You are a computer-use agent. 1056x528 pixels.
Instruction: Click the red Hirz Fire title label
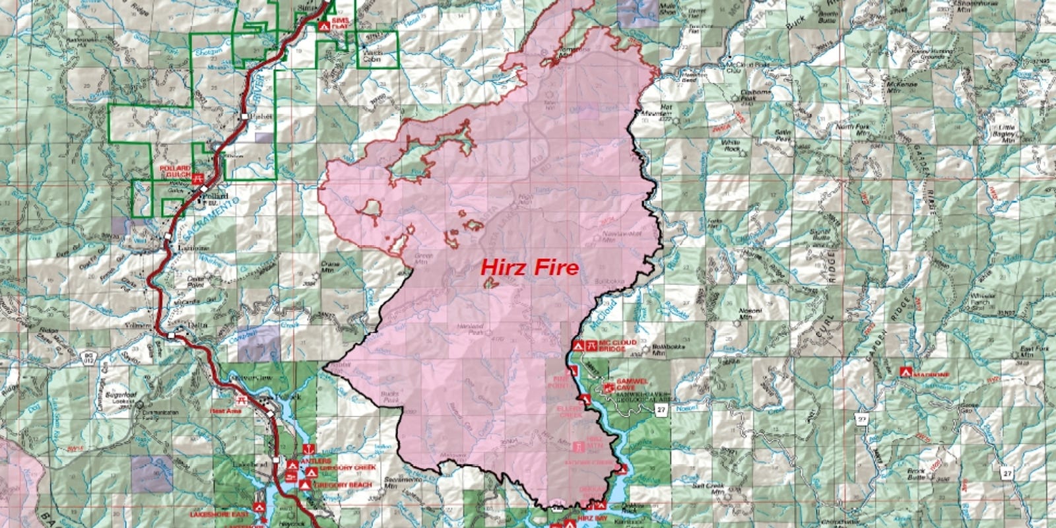(529, 267)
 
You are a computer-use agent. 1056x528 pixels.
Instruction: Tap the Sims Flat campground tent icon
(323, 26)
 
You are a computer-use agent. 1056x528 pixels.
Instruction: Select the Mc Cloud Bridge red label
(618, 345)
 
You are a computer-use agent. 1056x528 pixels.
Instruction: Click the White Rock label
(730, 143)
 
